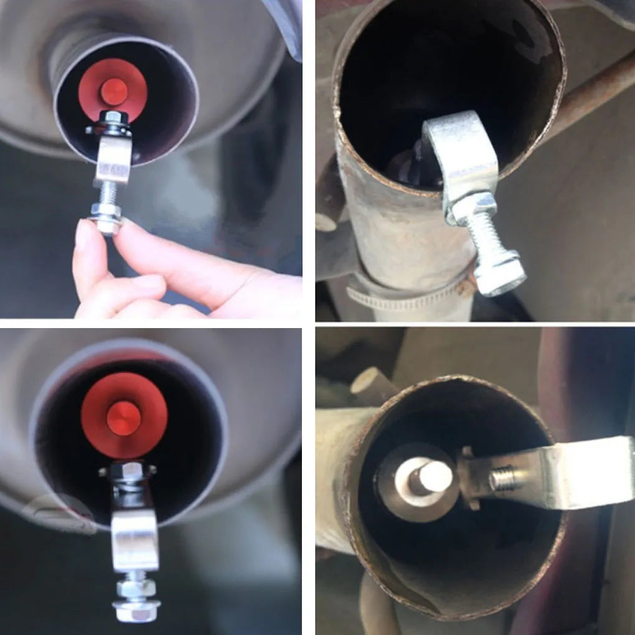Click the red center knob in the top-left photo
pyautogui.click(x=114, y=92)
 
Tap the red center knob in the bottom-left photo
pyautogui.click(x=123, y=418)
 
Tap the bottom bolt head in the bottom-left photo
pyautogui.click(x=136, y=610)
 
